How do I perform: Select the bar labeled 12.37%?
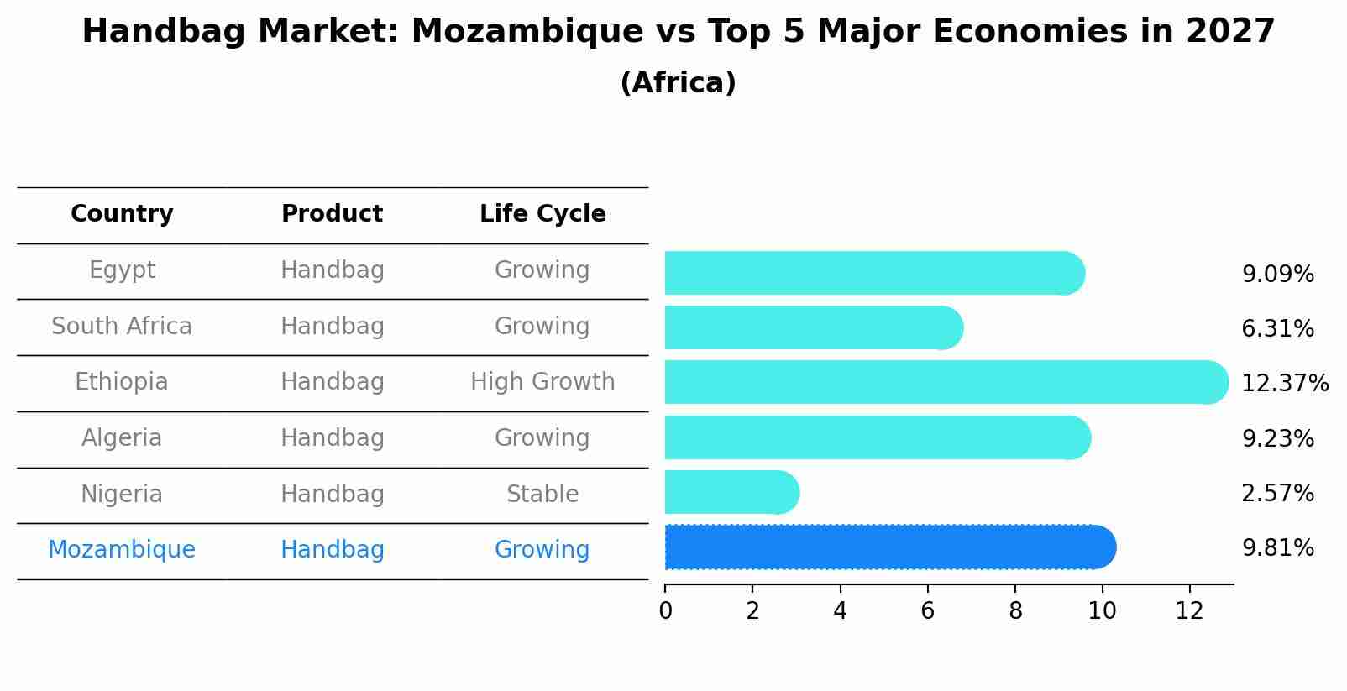coord(946,383)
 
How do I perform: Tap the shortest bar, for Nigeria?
coord(731,493)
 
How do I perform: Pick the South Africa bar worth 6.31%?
coord(813,328)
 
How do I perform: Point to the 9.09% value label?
coord(1277,275)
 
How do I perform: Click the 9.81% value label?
coord(1277,548)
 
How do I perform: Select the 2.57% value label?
coord(1277,494)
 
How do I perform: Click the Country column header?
coord(122,214)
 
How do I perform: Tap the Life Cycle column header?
coord(542,214)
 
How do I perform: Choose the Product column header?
coord(332,214)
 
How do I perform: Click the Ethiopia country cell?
coord(122,382)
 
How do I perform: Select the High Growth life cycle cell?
coord(542,382)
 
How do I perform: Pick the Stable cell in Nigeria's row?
coord(542,495)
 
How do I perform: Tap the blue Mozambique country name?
coord(122,550)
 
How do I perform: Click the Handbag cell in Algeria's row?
coord(332,438)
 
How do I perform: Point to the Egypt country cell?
coord(122,270)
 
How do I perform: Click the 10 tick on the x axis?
coord(1102,611)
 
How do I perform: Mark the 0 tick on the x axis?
coord(665,611)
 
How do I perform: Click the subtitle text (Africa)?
coord(678,83)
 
